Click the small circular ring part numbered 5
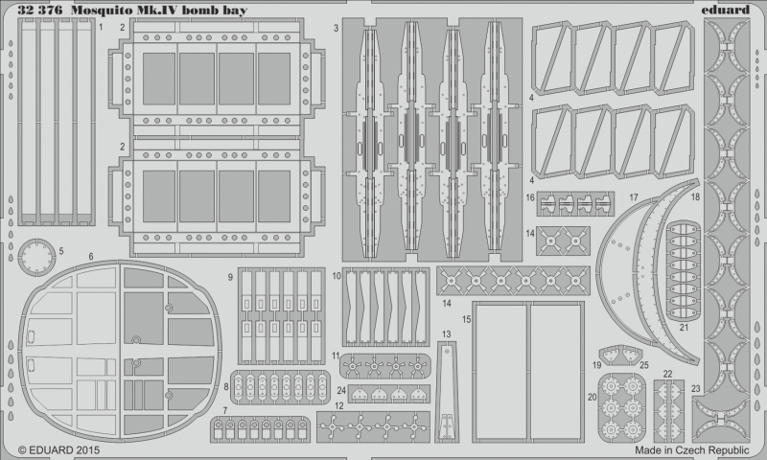(x=36, y=254)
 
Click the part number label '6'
(x=90, y=257)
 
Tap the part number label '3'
(x=336, y=28)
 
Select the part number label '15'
(x=465, y=317)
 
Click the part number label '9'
(x=231, y=277)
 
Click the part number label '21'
(x=685, y=327)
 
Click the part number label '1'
(x=101, y=28)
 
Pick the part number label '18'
(x=696, y=196)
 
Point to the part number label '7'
(x=224, y=410)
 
